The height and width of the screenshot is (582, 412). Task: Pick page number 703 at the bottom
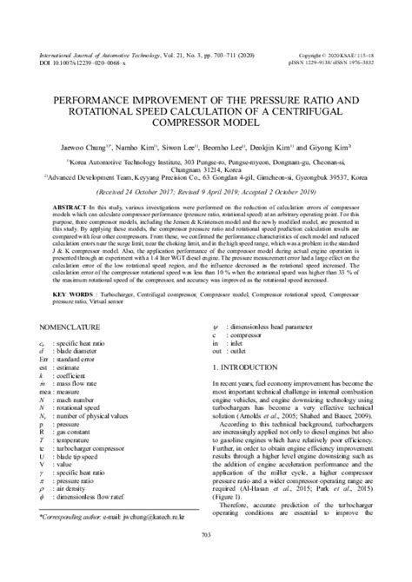pyautogui.click(x=206, y=558)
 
